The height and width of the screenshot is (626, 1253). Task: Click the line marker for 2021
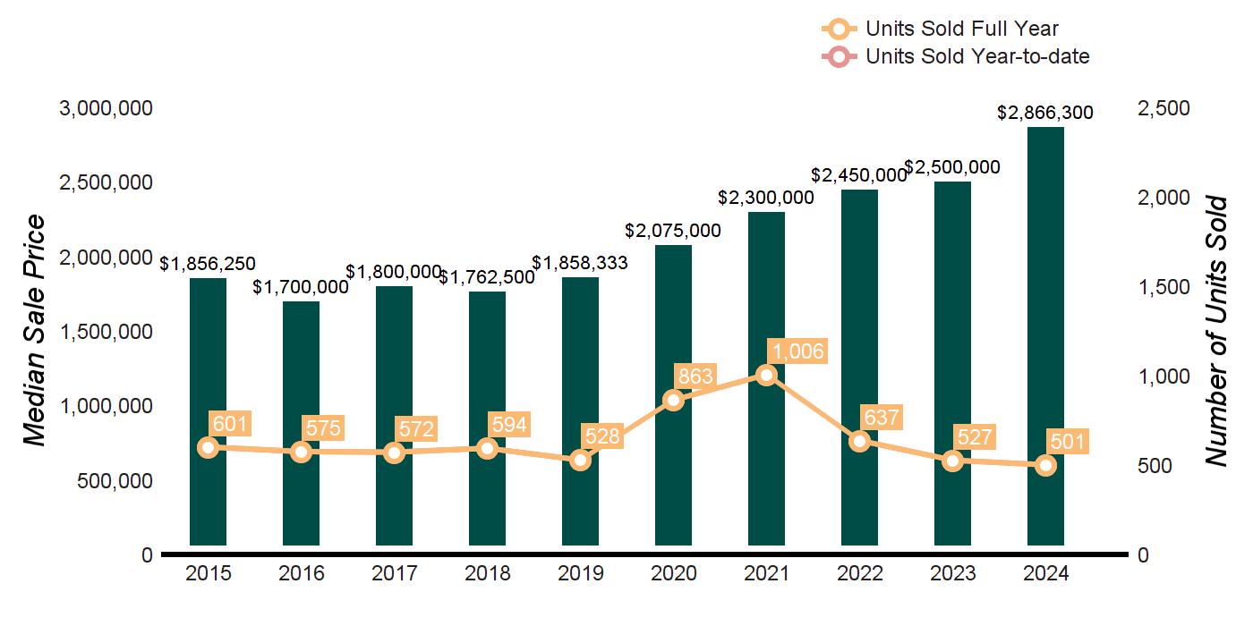[766, 375]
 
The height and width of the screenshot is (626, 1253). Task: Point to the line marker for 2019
[580, 461]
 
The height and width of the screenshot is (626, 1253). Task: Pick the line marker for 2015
[208, 447]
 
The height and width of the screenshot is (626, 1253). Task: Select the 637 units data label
[882, 417]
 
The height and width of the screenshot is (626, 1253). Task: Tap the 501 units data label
[1068, 442]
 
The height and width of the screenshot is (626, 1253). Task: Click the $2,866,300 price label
[1045, 113]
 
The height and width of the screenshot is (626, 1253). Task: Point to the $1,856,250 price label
[208, 264]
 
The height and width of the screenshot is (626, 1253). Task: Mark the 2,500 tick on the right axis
[1163, 108]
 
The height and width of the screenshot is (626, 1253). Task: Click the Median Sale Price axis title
[35, 331]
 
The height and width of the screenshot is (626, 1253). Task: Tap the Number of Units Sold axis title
[1215, 331]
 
